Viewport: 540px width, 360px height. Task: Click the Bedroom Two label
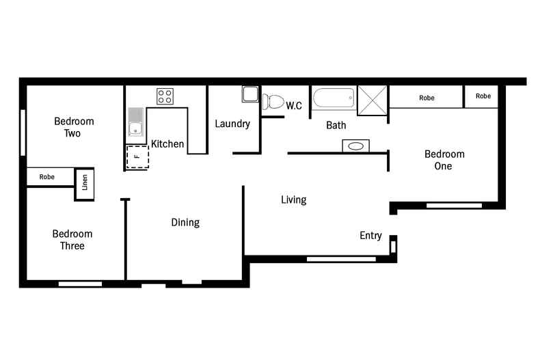click(74, 127)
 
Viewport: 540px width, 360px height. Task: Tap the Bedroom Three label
click(72, 240)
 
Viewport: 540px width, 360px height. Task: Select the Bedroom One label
click(444, 160)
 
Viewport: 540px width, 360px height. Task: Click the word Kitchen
click(167, 144)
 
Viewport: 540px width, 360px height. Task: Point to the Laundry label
click(232, 124)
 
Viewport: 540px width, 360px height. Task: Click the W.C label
click(294, 106)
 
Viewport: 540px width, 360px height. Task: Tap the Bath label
click(336, 126)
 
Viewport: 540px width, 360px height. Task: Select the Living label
click(294, 200)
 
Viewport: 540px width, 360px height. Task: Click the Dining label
click(185, 223)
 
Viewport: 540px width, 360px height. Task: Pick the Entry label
click(370, 236)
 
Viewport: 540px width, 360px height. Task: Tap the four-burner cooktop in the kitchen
click(165, 96)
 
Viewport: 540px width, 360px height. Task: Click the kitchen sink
click(135, 122)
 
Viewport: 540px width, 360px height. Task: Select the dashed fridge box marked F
click(137, 156)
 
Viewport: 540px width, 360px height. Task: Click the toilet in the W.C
click(273, 102)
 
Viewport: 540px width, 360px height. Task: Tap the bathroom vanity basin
click(355, 146)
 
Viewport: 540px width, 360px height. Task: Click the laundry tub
click(249, 94)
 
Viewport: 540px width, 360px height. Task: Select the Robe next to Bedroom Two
click(47, 177)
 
